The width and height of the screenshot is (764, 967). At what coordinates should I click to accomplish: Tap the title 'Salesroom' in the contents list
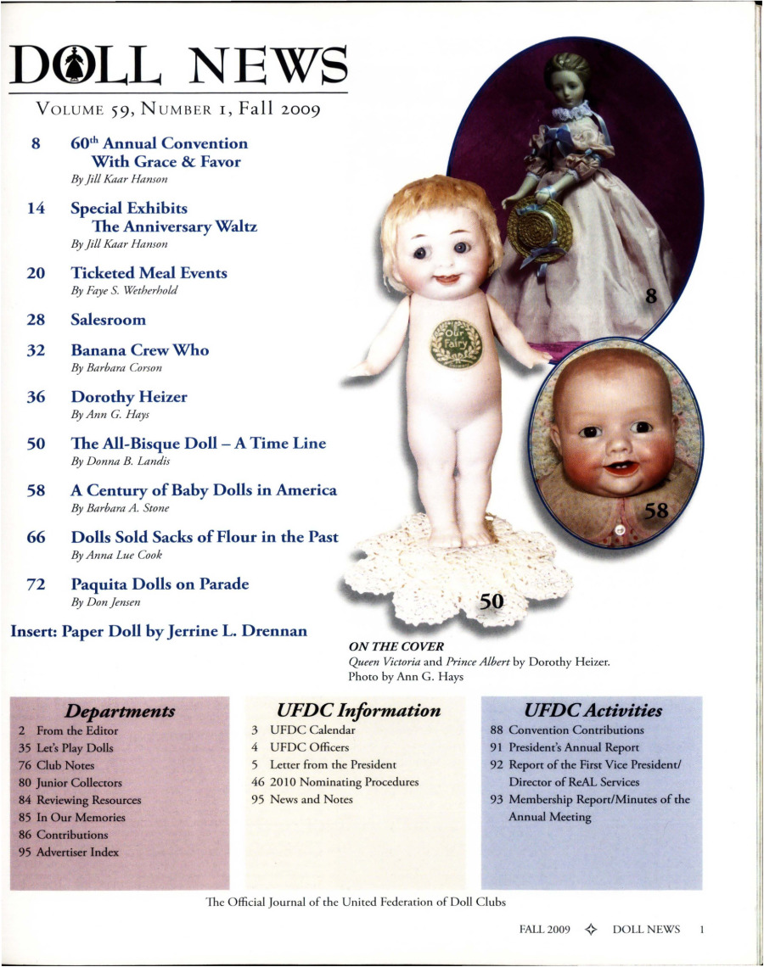(109, 320)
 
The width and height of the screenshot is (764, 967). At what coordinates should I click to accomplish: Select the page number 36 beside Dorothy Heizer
(36, 396)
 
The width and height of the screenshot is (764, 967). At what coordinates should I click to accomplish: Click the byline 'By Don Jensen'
(106, 601)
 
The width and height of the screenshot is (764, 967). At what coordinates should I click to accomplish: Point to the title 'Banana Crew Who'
(140, 350)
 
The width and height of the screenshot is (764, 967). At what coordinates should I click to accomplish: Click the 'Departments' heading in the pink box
(121, 710)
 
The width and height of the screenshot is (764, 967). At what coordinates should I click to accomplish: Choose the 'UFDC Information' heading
(359, 710)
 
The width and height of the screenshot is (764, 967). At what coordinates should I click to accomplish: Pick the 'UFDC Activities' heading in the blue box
(593, 710)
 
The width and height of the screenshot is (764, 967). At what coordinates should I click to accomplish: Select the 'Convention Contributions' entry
(567, 729)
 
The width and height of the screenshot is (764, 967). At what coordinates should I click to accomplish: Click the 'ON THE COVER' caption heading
(384, 647)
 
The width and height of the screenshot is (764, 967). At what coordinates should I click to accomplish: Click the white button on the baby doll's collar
(619, 529)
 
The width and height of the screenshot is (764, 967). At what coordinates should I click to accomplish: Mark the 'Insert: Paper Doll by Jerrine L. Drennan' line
(159, 631)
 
